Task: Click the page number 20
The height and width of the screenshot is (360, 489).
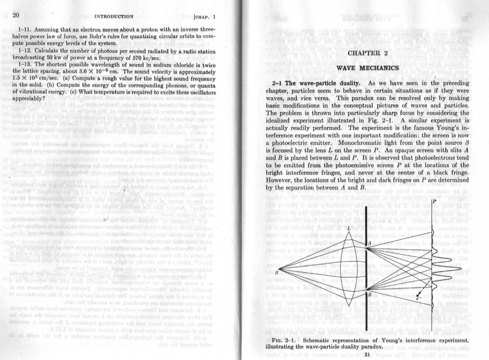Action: pos(16,15)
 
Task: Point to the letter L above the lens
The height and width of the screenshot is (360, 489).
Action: pos(348,228)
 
